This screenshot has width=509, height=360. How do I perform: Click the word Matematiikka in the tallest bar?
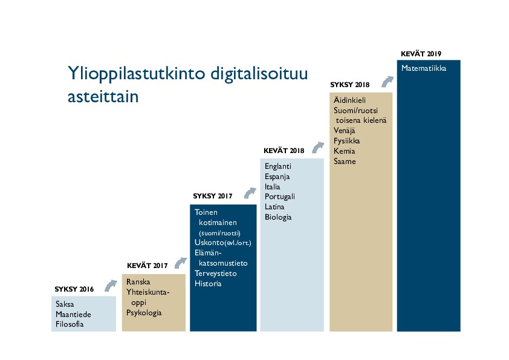pyautogui.click(x=424, y=69)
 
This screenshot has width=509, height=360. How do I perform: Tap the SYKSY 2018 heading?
pyautogui.click(x=350, y=84)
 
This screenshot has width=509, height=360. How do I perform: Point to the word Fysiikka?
pyautogui.click(x=347, y=141)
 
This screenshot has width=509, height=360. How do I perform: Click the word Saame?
pyautogui.click(x=345, y=162)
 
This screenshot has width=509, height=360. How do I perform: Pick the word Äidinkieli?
pyautogui.click(x=349, y=100)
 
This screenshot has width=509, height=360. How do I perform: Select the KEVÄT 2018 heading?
pyautogui.click(x=284, y=150)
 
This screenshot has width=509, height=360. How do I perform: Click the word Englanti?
pyautogui.click(x=278, y=166)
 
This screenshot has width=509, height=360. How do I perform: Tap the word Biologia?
pyautogui.click(x=278, y=217)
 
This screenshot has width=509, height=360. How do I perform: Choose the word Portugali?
pyautogui.click(x=280, y=197)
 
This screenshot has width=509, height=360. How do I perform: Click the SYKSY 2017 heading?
pyautogui.click(x=213, y=197)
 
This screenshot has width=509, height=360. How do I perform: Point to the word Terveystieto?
pyautogui.click(x=216, y=273)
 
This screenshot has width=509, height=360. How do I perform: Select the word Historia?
pyautogui.click(x=208, y=284)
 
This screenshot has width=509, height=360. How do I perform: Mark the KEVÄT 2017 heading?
pyautogui.click(x=147, y=266)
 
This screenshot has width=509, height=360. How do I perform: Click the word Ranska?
pyautogui.click(x=138, y=282)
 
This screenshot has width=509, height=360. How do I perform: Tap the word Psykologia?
pyautogui.click(x=144, y=313)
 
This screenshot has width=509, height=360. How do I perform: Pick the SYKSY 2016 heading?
pyautogui.click(x=74, y=289)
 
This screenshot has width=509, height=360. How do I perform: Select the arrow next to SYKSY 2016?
pyautogui.click(x=110, y=285)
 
